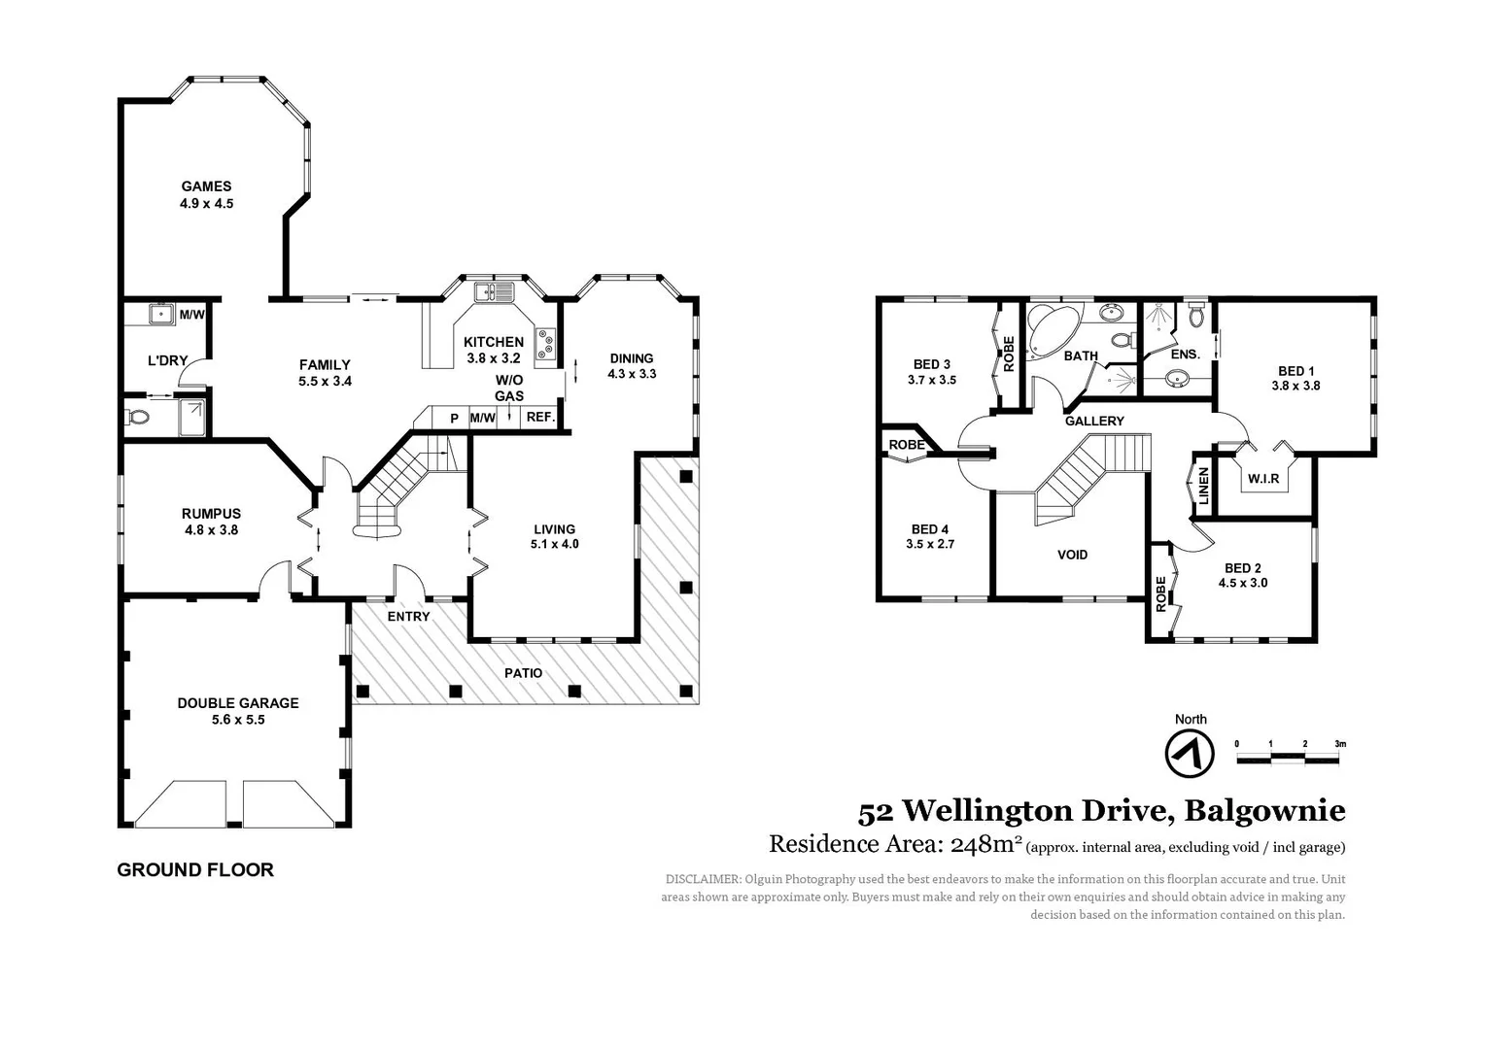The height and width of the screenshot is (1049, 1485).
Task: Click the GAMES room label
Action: point(206,186)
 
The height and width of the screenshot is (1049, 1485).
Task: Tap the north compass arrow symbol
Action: point(1190,753)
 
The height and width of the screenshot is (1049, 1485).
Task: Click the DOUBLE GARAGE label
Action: point(237,703)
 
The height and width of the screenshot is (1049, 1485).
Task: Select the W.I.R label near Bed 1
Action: point(1263,479)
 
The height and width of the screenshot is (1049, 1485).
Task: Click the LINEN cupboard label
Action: point(1203,486)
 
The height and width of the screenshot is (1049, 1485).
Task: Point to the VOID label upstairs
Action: point(1072,555)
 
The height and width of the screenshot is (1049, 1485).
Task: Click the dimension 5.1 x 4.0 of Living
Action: point(554,544)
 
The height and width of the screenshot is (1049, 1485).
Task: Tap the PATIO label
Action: point(523,673)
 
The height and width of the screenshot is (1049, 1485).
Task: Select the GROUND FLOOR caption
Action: point(195,870)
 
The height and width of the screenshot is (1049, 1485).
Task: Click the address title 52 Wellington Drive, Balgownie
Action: point(1101,810)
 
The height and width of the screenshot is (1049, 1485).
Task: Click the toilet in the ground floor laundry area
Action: point(138,418)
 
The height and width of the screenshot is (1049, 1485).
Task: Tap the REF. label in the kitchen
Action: point(539,418)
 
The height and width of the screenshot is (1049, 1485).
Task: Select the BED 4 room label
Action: point(930,529)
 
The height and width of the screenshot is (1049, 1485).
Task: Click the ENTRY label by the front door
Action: point(408,617)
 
